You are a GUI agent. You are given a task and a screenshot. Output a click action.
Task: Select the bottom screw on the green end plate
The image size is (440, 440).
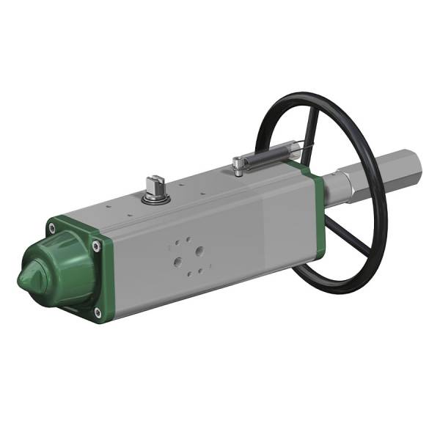tap(98, 312)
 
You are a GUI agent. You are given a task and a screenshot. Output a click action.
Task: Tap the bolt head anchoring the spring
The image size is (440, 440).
tap(238, 164)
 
